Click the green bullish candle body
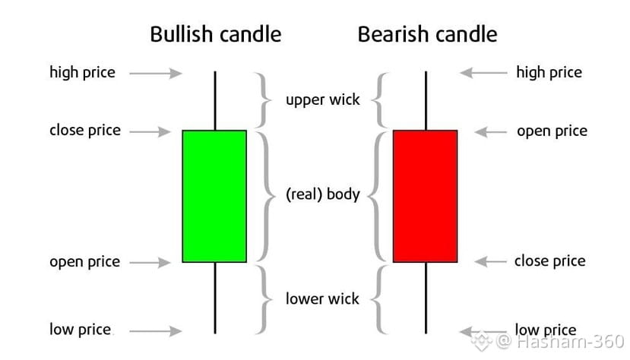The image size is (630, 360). point(214,196)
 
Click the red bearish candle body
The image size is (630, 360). point(425,196)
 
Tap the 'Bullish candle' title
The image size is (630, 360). point(215,34)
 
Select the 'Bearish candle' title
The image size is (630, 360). point(427,34)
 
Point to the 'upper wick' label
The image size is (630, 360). point(323,99)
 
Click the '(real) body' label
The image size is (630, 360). point(322,194)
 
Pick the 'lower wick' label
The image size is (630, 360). point(322,298)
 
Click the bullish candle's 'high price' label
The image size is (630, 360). point(82,73)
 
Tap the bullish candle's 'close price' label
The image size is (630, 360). point(85,130)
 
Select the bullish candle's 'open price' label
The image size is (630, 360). point(85,262)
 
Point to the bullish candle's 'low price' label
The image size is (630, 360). point(80,330)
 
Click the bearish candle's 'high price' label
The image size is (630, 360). point(549,73)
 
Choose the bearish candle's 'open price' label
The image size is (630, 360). point(552,131)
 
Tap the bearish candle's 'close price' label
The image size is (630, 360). point(549,261)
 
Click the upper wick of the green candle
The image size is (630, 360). point(215,101)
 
